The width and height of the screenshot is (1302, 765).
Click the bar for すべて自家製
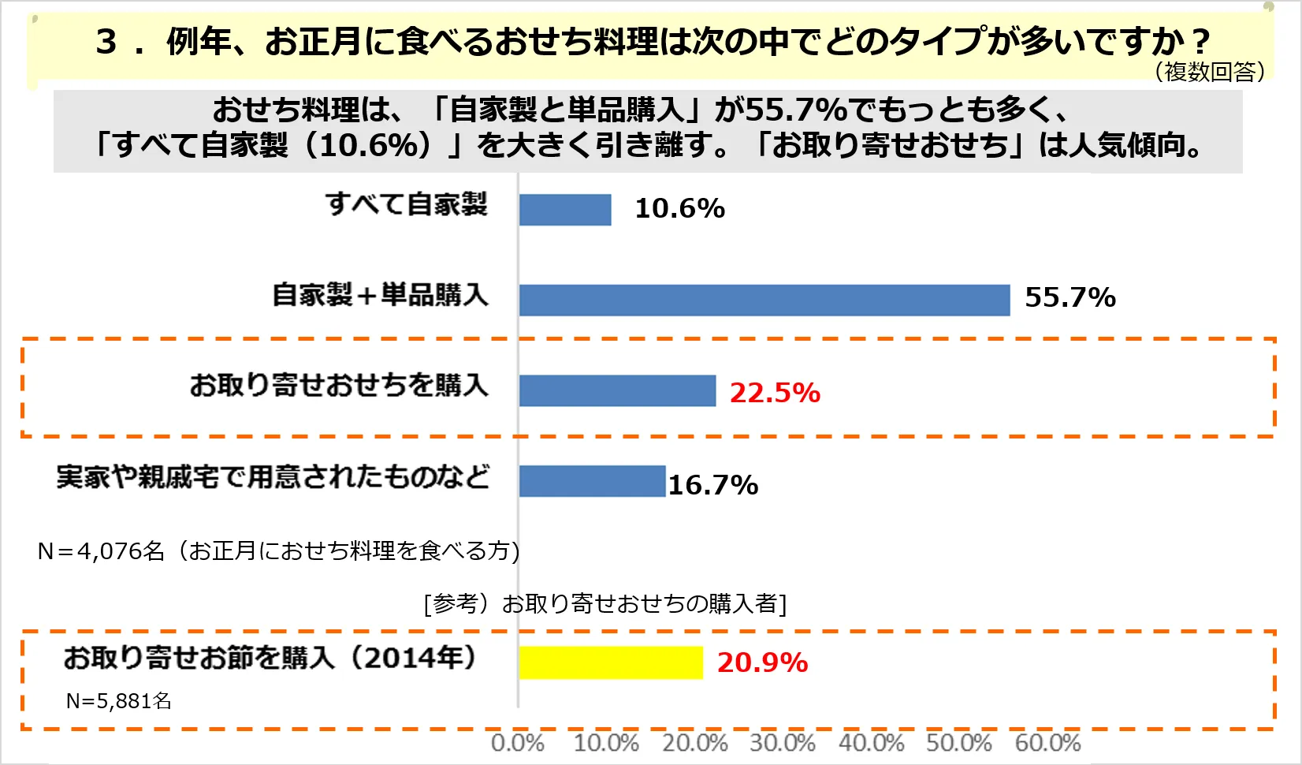point(565,210)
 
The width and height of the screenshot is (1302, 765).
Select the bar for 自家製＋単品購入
point(764,300)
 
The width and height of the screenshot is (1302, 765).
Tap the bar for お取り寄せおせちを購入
point(617,390)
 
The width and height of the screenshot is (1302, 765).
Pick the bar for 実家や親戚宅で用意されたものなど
point(592,481)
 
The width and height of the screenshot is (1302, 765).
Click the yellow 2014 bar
point(611,662)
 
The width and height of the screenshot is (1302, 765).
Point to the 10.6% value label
point(679,209)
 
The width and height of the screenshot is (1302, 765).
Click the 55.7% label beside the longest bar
point(1069,298)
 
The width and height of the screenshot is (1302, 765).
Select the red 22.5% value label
point(775,393)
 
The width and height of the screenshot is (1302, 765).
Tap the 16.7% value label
point(713,485)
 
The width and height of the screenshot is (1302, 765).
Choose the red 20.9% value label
point(762,663)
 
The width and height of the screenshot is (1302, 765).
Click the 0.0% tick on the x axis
point(517,743)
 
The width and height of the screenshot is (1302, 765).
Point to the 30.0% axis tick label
point(782,743)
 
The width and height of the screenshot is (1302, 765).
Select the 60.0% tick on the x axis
point(1047,743)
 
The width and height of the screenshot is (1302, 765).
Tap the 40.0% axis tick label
point(871,743)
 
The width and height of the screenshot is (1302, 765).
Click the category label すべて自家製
point(407,204)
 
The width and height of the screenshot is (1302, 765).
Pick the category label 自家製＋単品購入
point(380,295)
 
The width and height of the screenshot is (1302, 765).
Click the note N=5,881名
point(118,701)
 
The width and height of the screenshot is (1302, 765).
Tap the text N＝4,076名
point(100,550)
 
